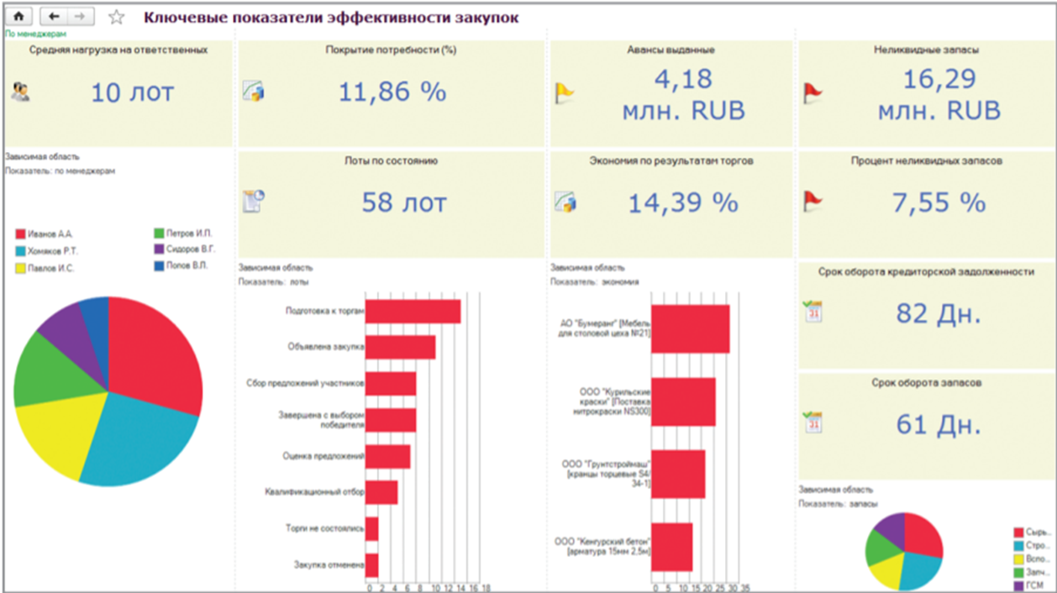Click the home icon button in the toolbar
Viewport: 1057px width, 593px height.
pos(19,16)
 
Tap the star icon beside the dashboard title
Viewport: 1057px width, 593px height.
pos(117,17)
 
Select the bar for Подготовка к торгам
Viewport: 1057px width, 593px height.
pos(413,312)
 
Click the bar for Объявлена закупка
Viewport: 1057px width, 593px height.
pos(400,347)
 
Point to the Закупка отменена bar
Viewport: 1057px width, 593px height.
pos(371,565)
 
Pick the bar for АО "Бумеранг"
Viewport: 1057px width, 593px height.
pos(690,328)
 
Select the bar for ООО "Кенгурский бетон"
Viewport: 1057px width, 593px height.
pos(671,547)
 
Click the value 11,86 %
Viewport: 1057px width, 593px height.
pos(392,92)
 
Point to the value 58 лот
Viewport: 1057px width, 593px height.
pos(404,202)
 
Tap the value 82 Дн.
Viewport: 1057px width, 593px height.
pos(938,314)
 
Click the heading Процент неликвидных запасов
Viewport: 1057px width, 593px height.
pos(926,160)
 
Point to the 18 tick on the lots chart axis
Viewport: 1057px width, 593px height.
pos(486,587)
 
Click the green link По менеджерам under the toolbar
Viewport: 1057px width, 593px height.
pos(36,34)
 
